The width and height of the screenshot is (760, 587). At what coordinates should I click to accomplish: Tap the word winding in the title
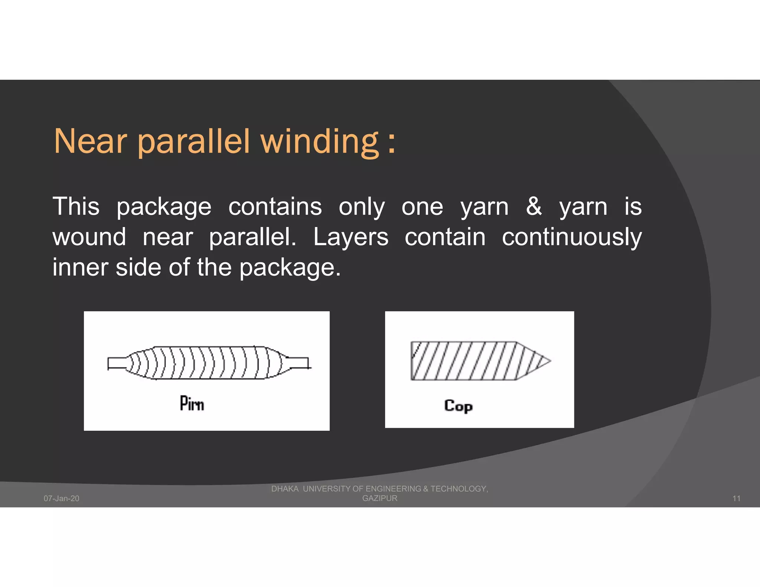click(x=320, y=142)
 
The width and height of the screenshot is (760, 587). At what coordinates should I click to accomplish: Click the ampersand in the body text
click(x=534, y=206)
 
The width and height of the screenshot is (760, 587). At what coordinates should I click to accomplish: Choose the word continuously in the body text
click(x=571, y=237)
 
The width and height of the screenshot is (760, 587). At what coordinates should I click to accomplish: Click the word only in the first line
click(x=362, y=207)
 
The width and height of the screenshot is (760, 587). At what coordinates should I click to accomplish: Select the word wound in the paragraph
click(x=89, y=237)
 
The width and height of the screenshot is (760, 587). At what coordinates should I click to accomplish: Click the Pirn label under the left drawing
click(x=192, y=404)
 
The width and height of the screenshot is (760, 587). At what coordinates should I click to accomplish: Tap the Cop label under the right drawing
click(x=458, y=406)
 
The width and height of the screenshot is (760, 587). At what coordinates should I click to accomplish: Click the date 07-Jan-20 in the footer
click(x=62, y=498)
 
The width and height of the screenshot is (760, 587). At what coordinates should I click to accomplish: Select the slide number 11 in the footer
click(x=736, y=498)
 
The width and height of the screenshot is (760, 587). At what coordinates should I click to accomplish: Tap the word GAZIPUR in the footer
click(x=380, y=498)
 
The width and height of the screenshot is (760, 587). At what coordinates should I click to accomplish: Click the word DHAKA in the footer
click(x=285, y=489)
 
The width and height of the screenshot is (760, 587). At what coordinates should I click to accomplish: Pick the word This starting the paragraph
click(x=76, y=206)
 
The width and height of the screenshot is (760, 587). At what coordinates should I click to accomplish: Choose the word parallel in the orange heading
click(x=194, y=142)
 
